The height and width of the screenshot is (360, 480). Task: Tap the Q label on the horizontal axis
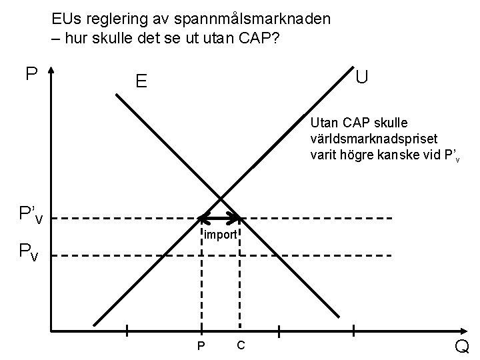coord(462,346)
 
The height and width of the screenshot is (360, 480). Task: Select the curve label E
coord(141,81)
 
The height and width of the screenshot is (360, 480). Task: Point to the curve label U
coord(362,77)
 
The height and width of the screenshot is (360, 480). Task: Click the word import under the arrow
coord(221,235)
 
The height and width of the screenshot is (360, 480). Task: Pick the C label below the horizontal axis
coord(241,345)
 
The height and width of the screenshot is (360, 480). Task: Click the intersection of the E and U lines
coord(221,197)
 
